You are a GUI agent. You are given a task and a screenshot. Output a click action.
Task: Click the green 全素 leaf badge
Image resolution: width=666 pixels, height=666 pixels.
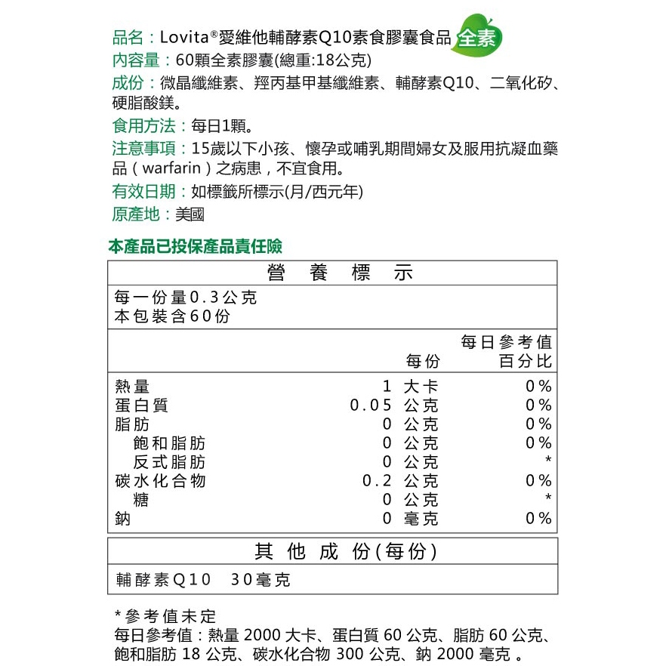point(476,39)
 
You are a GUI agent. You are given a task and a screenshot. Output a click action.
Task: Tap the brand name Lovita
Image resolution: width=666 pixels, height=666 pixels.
point(184,37)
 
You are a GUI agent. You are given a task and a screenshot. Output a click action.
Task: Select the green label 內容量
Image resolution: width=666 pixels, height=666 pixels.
point(135,60)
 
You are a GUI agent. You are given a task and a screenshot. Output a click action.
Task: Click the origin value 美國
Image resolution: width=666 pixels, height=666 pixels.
point(190,214)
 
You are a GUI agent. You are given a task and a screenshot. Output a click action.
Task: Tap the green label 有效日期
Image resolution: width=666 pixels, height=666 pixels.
point(143,192)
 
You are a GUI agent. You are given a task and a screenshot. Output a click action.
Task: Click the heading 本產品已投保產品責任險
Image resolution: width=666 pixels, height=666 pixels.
point(196,246)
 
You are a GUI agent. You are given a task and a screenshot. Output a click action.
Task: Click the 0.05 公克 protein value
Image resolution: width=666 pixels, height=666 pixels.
point(393,405)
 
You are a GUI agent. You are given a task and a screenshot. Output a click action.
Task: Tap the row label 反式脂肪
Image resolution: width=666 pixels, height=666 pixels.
point(169,462)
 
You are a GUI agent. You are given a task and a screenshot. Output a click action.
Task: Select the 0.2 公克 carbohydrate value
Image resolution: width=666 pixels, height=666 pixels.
point(399,481)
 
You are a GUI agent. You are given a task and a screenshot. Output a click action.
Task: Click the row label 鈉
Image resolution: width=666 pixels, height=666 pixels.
point(122,519)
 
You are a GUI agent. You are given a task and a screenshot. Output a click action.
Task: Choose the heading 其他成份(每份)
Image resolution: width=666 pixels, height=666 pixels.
point(346,552)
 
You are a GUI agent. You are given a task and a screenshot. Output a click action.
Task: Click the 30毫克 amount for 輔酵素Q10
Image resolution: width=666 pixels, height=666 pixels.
point(261,580)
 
